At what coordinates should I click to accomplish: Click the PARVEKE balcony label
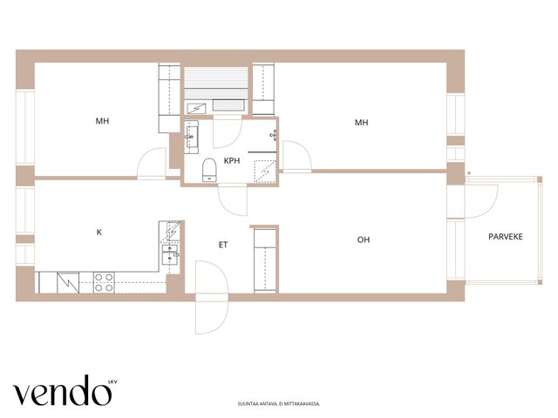click(506, 237)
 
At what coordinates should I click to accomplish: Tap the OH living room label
click(364, 240)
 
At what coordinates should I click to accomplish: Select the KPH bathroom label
click(232, 160)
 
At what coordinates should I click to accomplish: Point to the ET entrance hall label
click(223, 245)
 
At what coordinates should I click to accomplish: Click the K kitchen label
click(99, 233)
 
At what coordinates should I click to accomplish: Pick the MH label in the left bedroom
click(102, 121)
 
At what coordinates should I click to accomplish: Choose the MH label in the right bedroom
click(361, 123)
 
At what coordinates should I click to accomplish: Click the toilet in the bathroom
click(209, 170)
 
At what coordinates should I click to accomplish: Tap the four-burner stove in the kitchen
click(104, 282)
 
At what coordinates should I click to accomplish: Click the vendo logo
click(62, 390)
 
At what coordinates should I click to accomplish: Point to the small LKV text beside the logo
click(112, 382)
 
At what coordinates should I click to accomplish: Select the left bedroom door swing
click(152, 163)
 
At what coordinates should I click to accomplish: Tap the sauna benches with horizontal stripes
click(215, 83)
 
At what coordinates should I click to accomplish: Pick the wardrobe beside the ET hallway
click(265, 260)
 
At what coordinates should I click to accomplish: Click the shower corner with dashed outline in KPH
click(265, 172)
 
